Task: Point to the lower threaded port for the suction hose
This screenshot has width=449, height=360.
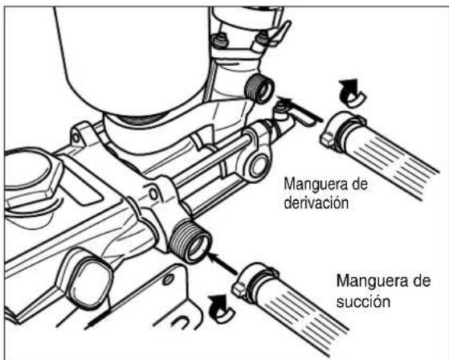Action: (190, 240)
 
